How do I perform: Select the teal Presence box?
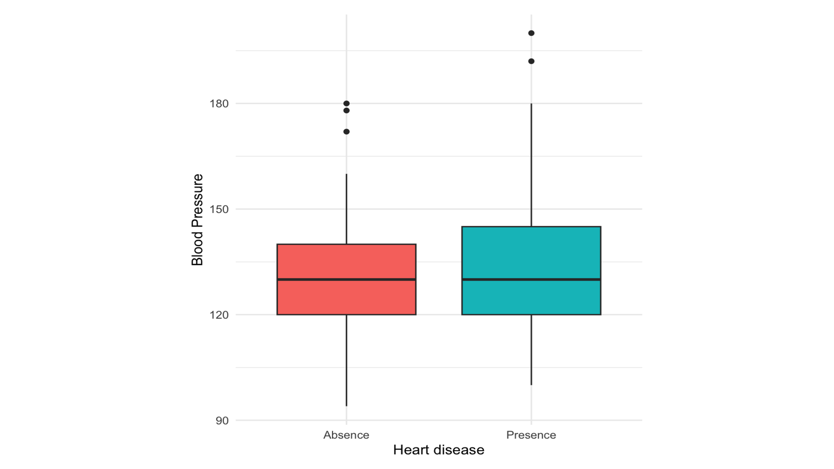pyautogui.click(x=531, y=252)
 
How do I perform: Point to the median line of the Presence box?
pyautogui.click(x=531, y=279)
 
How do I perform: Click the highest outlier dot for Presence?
pyautogui.click(x=531, y=33)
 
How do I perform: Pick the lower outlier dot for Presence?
pyautogui.click(x=531, y=61)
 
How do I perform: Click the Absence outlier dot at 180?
pyautogui.click(x=346, y=104)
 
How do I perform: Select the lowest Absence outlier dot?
pyautogui.click(x=346, y=132)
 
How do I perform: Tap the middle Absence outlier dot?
pyautogui.click(x=346, y=111)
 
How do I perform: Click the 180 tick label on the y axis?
pyautogui.click(x=219, y=104)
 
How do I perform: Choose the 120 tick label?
pyautogui.click(x=219, y=315)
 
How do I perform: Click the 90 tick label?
pyautogui.click(x=222, y=421)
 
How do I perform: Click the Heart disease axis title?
pyautogui.click(x=439, y=450)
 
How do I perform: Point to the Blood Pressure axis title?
pyautogui.click(x=197, y=220)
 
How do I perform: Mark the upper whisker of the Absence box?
pyautogui.click(x=346, y=209)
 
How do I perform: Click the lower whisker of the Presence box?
pyautogui.click(x=531, y=349)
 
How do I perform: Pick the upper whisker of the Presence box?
pyautogui.click(x=531, y=165)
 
